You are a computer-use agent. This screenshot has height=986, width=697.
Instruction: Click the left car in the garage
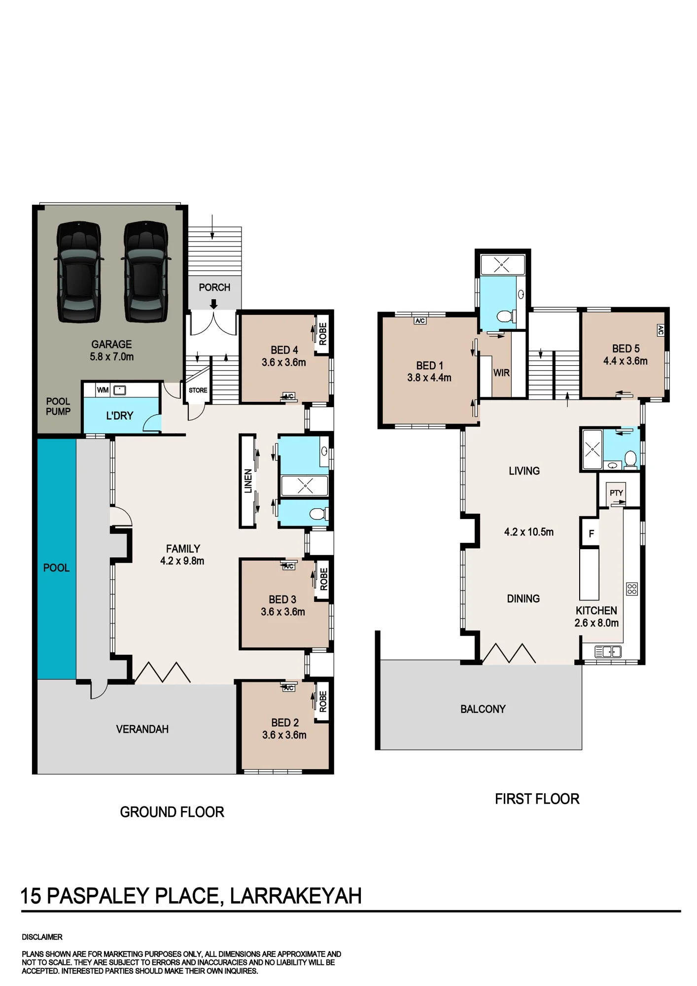(79, 272)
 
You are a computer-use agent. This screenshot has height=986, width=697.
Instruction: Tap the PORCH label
(214, 287)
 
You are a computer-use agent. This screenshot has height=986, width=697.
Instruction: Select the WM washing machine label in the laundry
(103, 390)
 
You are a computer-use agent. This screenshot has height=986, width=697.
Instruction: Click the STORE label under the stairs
(198, 390)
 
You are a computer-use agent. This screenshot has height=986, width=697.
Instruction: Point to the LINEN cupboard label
(248, 481)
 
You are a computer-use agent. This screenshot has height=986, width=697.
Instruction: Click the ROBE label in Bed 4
(323, 334)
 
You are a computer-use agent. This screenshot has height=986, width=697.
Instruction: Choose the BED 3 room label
(282, 599)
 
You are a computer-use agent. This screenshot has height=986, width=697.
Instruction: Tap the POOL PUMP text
(58, 406)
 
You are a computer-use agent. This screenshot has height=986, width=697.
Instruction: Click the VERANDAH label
(142, 729)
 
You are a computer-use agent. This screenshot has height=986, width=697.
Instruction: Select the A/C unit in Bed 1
(420, 321)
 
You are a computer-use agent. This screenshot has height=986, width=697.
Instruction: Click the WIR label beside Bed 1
(501, 373)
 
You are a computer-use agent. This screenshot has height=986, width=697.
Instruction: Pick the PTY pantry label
(616, 493)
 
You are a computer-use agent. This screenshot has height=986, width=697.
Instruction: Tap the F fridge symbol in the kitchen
(591, 534)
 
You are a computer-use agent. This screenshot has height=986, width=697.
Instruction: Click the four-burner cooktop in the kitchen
(632, 589)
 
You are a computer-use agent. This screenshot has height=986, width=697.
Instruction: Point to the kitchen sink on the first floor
(608, 652)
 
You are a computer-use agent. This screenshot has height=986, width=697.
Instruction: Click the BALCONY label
(483, 709)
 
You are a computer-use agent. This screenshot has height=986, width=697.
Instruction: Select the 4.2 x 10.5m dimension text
(529, 532)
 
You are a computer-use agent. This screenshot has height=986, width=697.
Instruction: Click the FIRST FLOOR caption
(537, 799)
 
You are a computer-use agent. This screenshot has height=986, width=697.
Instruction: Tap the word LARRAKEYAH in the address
(296, 896)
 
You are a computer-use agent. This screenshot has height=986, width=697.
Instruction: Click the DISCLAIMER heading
(42, 937)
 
